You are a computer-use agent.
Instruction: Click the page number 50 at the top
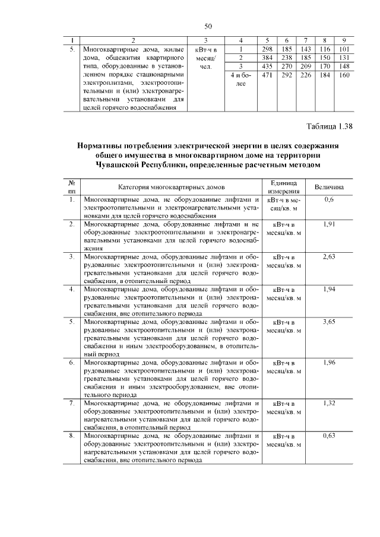pyautogui.click(x=208, y=26)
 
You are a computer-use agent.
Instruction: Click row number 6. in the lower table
pyautogui.click(x=71, y=362)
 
